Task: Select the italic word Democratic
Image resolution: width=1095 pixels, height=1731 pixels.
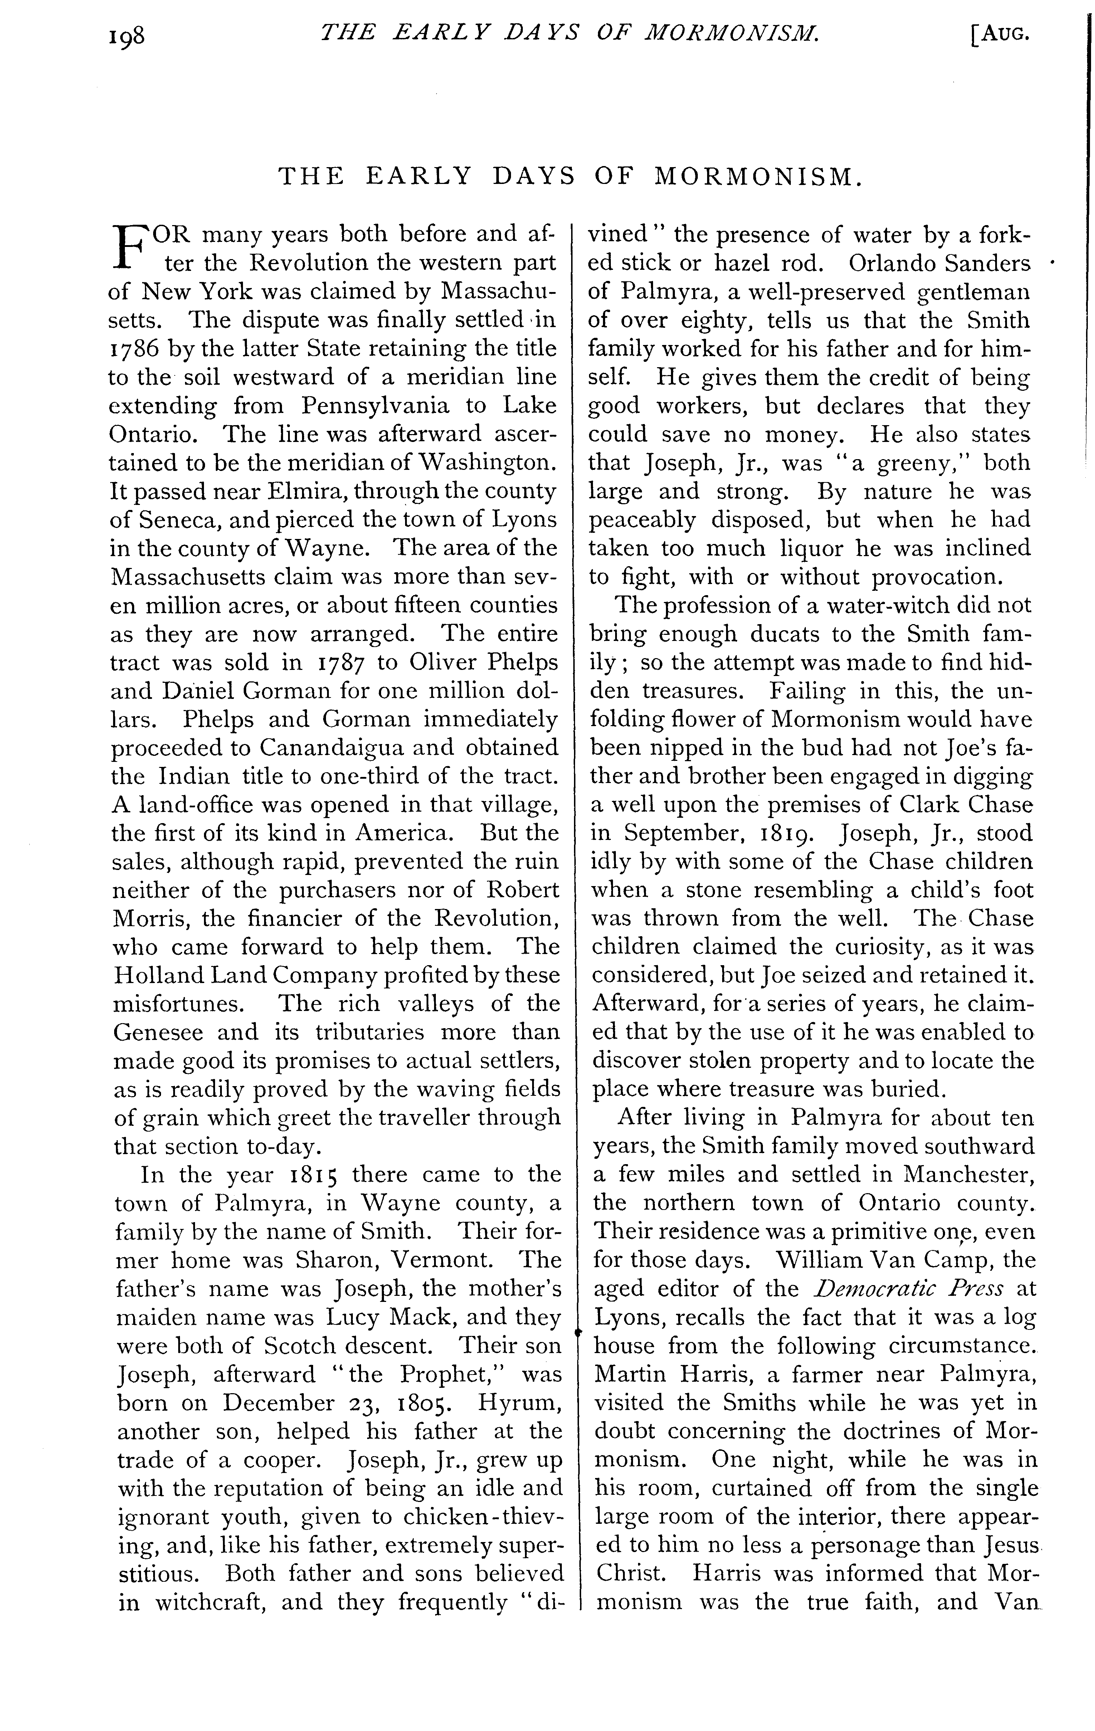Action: click(853, 1288)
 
